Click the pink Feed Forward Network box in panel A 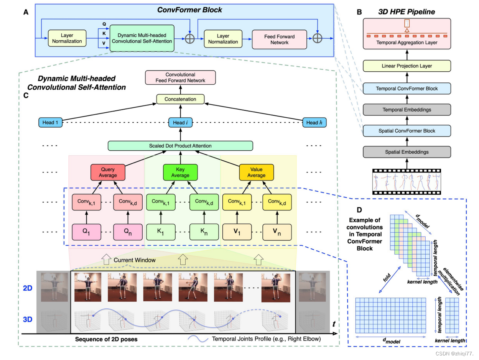tap(279, 39)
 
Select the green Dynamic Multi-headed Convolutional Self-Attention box tap(142, 38)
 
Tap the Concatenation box tap(180, 99)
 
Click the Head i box tap(180, 123)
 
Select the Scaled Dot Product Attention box tap(180, 146)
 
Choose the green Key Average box tap(180, 172)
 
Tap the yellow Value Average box tap(256, 172)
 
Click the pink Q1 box tap(86, 232)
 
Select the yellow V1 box tap(237, 232)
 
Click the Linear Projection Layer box tap(407, 66)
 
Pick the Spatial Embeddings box tap(407, 152)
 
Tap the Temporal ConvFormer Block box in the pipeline tap(407, 89)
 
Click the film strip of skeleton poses tap(407, 181)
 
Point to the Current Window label tap(134, 260)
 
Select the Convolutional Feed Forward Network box tap(180, 77)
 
